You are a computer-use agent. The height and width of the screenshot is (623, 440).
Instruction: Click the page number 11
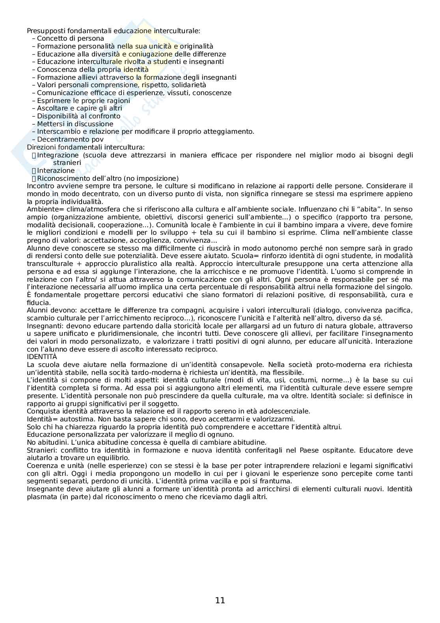(x=220, y=601)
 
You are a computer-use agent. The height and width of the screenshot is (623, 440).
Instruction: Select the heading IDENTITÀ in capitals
(x=42, y=357)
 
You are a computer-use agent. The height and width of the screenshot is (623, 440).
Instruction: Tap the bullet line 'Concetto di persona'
(x=70, y=38)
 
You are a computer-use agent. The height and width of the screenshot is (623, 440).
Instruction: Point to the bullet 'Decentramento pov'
(x=70, y=139)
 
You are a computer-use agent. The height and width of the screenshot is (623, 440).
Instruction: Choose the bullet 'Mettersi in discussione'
(x=75, y=124)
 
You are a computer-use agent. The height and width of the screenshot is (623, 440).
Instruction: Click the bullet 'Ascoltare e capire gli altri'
(x=79, y=108)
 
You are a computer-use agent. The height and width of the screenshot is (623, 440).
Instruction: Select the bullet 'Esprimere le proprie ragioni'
(x=83, y=101)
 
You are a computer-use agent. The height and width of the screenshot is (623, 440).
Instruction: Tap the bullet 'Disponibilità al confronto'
(x=78, y=116)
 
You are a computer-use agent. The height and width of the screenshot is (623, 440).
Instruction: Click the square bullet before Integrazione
(x=34, y=155)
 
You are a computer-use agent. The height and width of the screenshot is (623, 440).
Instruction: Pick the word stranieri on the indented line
(x=67, y=163)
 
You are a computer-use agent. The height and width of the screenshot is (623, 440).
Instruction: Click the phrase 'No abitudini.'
(x=47, y=442)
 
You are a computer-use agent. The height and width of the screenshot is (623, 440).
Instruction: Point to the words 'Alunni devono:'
(x=50, y=310)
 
